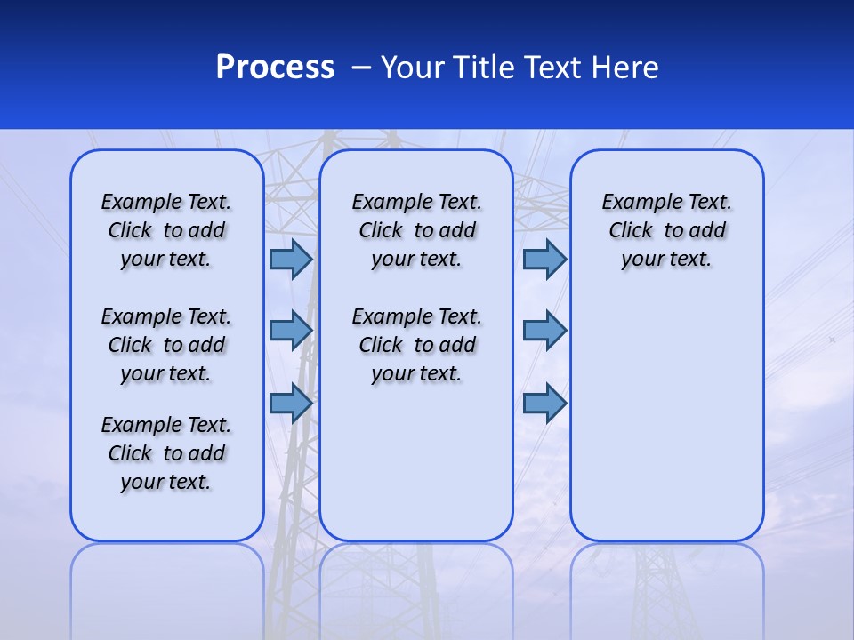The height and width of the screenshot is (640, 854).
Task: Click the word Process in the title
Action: point(275,67)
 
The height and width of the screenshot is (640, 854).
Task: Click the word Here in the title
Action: point(628,67)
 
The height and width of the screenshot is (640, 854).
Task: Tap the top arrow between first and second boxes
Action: point(291,259)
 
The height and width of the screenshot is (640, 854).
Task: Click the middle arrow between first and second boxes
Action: point(291,330)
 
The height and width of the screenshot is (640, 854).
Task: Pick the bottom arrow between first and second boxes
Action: point(291,403)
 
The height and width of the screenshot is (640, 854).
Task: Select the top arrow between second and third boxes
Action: point(544,259)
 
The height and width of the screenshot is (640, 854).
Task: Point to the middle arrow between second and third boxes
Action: point(544,330)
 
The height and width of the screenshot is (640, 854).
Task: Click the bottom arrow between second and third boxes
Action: point(544,403)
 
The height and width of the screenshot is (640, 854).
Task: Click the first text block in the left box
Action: point(166,230)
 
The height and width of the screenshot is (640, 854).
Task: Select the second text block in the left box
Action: point(166,345)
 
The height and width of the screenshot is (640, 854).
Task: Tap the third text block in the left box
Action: point(166,453)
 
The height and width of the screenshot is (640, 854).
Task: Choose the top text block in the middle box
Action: point(416,230)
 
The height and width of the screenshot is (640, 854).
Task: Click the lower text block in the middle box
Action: point(416,345)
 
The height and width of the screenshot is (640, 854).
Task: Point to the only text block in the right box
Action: point(666,230)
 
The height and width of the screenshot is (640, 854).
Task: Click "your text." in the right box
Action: point(666,259)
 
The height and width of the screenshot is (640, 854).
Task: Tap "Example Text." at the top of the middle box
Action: point(416,202)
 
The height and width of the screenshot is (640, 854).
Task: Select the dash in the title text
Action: point(360,68)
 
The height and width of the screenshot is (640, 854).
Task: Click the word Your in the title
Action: point(413,67)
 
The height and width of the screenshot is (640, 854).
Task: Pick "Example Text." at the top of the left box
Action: point(166,202)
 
